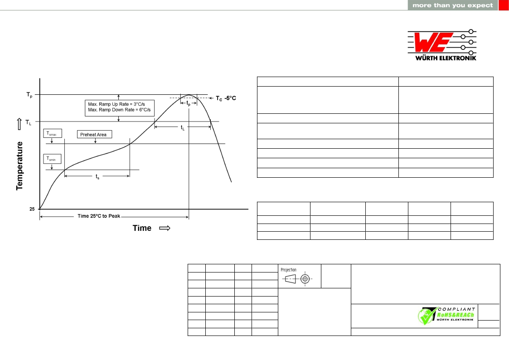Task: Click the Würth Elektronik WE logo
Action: point(442,45)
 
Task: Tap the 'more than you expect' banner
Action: point(452,5)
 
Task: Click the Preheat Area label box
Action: point(94,134)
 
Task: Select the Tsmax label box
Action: point(52,133)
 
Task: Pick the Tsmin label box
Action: point(52,159)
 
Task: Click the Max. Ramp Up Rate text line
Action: point(116,104)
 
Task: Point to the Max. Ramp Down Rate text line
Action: point(120,110)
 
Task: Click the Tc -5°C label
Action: point(226,98)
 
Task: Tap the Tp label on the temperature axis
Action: point(29,95)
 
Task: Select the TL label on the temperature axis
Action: point(29,122)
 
